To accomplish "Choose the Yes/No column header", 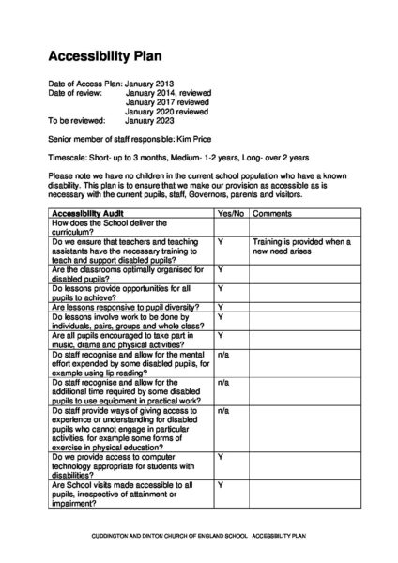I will click(230, 214).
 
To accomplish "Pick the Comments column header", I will click(272, 214).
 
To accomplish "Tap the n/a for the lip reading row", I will click(223, 355).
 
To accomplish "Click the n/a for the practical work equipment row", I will click(223, 383).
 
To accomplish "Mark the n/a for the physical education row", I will click(223, 411).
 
